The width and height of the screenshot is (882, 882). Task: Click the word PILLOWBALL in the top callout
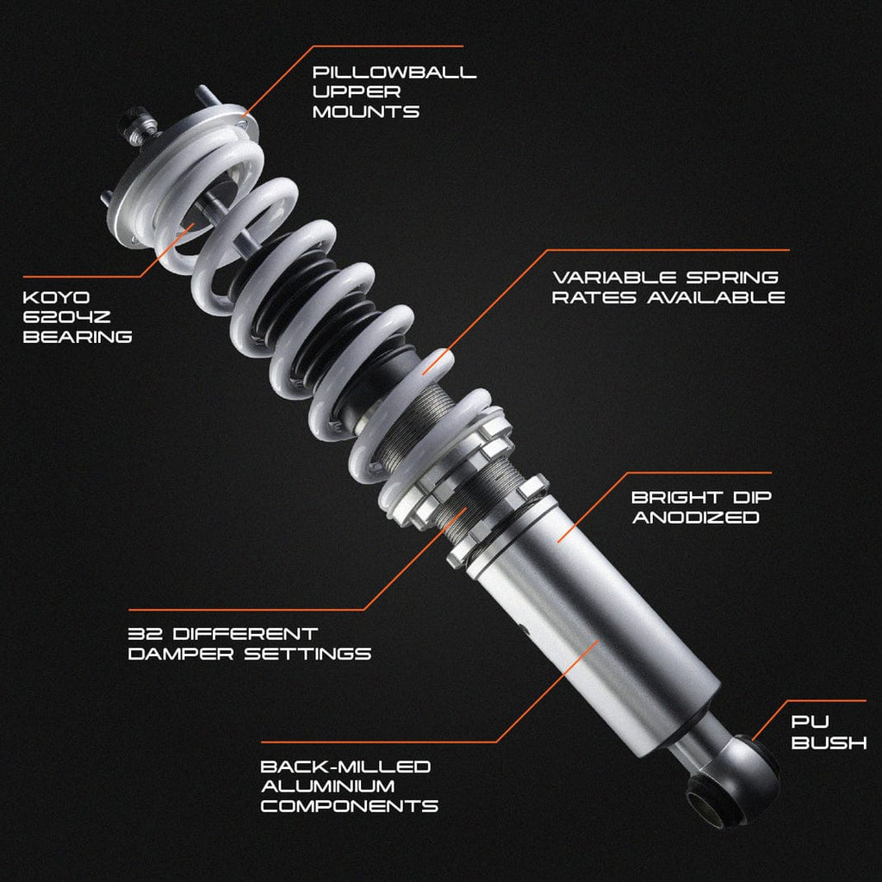(394, 72)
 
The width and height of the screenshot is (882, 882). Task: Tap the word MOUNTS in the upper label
(365, 111)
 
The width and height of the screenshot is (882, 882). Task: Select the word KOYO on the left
(56, 297)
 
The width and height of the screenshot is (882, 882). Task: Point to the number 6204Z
(66, 317)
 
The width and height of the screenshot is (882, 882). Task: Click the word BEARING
(78, 337)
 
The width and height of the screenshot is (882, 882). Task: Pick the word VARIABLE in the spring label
(614, 276)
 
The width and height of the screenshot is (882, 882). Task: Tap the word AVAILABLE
(716, 296)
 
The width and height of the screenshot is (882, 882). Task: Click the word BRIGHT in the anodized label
(677, 497)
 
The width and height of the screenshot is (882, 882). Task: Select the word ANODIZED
(696, 517)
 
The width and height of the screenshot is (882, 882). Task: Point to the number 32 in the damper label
(145, 634)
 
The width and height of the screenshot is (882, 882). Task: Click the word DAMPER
(181, 654)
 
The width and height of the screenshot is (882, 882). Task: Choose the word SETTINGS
(307, 654)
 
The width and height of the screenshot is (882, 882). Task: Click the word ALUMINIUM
(328, 786)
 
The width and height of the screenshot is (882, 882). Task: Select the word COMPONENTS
(350, 806)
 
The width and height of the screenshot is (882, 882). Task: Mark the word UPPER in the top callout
(357, 91)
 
